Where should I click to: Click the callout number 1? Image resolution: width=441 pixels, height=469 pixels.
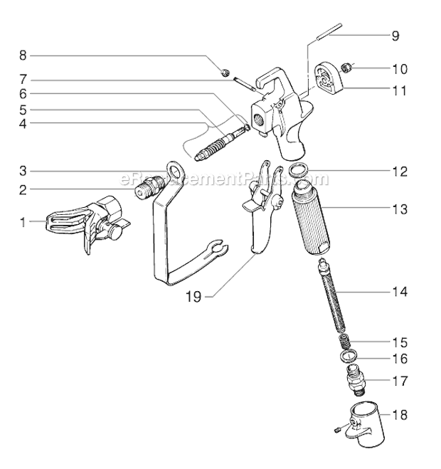22,222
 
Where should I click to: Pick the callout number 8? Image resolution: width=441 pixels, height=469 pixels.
22,55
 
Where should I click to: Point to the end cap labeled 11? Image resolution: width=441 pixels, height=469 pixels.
328,78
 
